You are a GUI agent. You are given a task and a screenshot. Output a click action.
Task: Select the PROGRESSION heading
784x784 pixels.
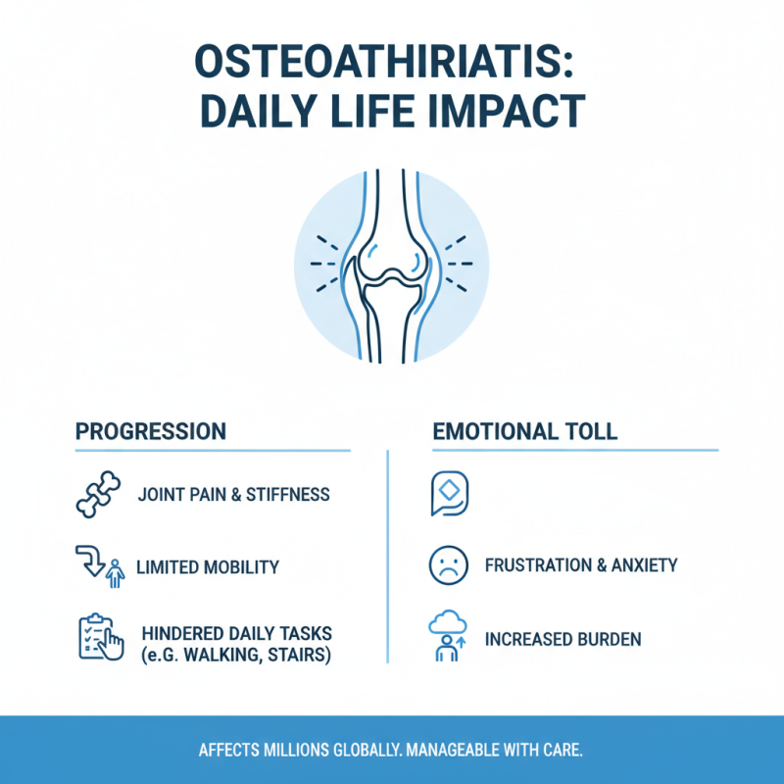click(151, 431)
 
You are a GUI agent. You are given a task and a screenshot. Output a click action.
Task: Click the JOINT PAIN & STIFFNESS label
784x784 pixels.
click(234, 495)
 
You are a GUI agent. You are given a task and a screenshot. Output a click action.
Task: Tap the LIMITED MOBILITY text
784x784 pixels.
click(208, 566)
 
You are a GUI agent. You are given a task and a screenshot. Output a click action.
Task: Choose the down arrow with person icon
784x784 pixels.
click(100, 566)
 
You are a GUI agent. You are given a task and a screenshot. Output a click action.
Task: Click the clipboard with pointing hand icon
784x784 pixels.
click(101, 637)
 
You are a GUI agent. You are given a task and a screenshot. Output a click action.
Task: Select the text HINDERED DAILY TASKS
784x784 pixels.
click(237, 634)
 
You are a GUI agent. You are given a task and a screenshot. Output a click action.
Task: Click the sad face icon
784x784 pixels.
click(447, 565)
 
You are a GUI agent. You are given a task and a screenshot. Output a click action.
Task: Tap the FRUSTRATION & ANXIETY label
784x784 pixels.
click(581, 565)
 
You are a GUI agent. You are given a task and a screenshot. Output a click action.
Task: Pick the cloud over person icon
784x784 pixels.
click(447, 637)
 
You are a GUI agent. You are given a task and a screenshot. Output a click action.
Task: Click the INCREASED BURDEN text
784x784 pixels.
click(563, 639)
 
